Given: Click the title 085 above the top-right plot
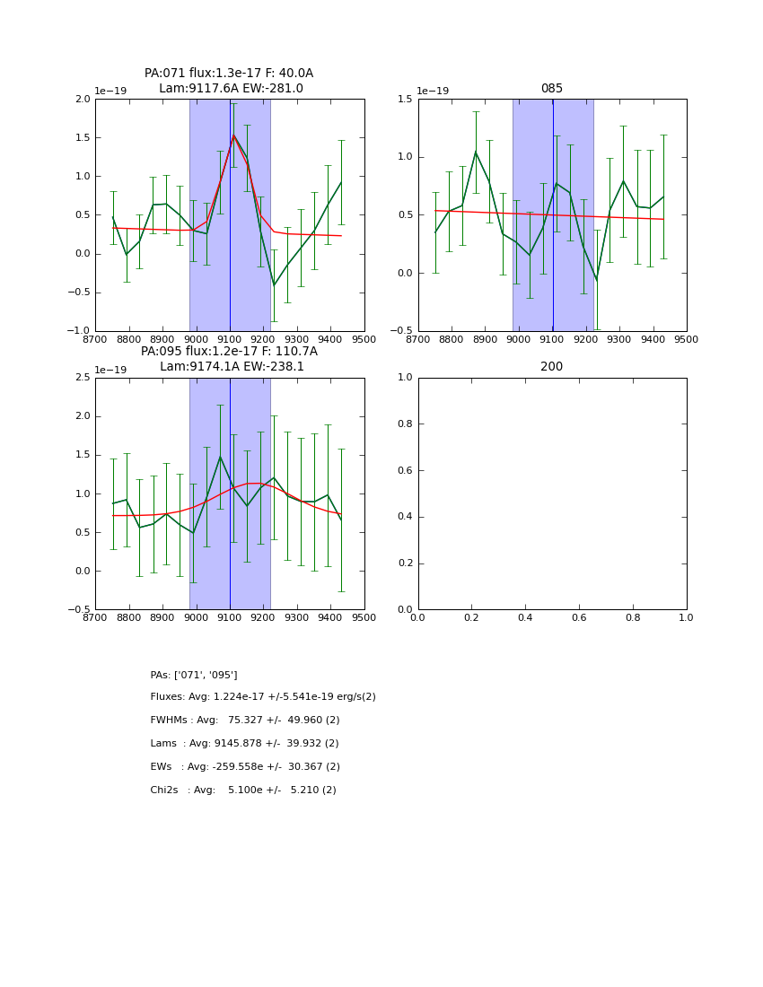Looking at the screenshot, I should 551,89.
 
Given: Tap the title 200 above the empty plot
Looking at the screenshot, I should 551,367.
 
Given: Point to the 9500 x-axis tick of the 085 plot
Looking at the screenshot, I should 686,340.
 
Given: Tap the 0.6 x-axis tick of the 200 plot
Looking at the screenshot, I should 579,618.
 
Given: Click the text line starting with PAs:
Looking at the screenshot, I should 194,675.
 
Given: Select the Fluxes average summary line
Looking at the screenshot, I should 263,697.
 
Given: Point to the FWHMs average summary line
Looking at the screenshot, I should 245,721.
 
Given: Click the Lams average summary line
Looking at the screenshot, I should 244,744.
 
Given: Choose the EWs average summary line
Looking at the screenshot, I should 245,767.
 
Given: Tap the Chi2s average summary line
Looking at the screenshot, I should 243,790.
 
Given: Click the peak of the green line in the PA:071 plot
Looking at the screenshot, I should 233,135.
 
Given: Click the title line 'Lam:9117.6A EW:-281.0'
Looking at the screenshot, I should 231,89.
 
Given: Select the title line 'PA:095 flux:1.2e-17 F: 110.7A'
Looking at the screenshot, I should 229,352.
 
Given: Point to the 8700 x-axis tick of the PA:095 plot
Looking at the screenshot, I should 96,618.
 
